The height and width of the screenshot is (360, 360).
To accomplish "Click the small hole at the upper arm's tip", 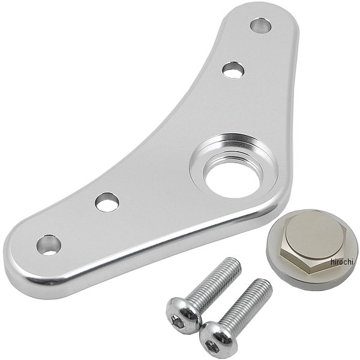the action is pyautogui.click(x=260, y=25).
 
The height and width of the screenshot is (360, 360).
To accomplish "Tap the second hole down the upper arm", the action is pyautogui.click(x=233, y=70).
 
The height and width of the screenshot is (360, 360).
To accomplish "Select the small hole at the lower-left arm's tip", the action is pyautogui.click(x=49, y=245).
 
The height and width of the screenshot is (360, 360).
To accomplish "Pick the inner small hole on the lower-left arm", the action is pyautogui.click(x=107, y=202).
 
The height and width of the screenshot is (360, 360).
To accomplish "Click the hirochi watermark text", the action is pyautogui.click(x=341, y=262).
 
